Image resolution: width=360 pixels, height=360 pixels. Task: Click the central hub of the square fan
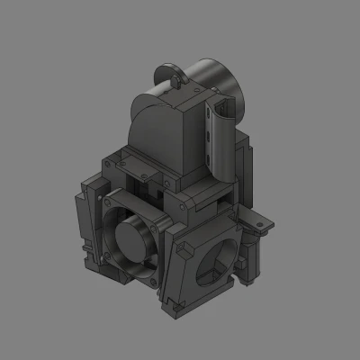tap(132, 239)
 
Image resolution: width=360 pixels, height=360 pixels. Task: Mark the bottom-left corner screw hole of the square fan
tap(104, 256)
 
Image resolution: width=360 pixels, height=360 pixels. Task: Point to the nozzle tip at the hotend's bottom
tap(244, 284)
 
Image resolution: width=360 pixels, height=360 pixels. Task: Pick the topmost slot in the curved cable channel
tap(209, 113)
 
